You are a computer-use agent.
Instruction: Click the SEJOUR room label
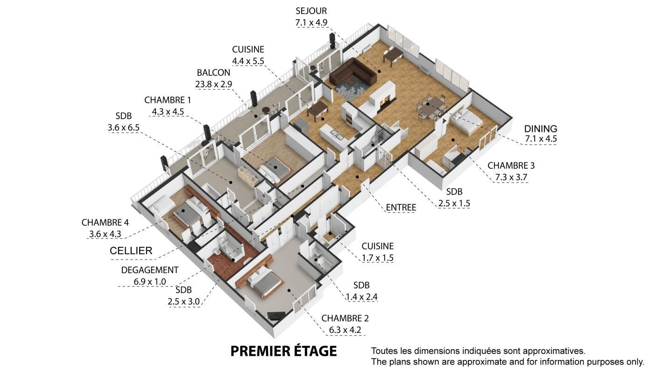click(311, 11)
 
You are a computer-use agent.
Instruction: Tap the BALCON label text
click(213, 73)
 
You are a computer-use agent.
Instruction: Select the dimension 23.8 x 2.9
click(213, 84)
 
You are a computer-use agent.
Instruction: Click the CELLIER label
click(131, 251)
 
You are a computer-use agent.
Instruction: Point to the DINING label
click(541, 129)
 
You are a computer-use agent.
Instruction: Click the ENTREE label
click(401, 208)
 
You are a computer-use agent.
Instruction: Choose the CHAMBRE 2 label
click(345, 318)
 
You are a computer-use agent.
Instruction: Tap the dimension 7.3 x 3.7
click(511, 177)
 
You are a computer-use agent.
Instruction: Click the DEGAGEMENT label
click(150, 270)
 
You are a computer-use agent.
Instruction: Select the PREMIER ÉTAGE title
click(284, 351)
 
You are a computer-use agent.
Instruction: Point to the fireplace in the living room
click(382, 100)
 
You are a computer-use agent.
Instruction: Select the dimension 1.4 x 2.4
click(361, 297)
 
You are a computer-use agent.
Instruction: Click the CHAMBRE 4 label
click(105, 223)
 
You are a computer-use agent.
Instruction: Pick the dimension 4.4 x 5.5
click(248, 61)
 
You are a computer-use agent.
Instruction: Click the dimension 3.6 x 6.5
click(123, 128)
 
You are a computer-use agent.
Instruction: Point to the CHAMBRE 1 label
click(168, 100)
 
